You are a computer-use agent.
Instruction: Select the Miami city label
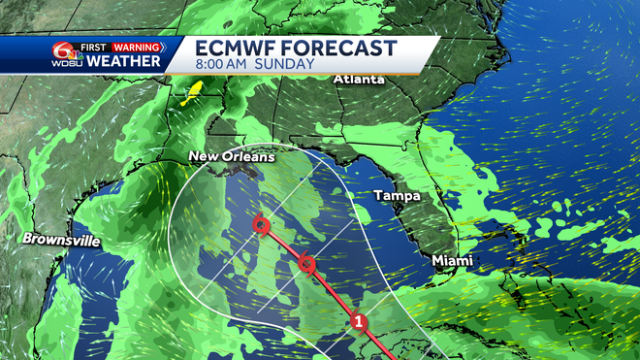click(452, 261)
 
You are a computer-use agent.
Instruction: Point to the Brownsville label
click(61, 239)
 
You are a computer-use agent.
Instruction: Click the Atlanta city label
click(359, 79)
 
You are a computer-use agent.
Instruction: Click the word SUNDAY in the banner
click(287, 65)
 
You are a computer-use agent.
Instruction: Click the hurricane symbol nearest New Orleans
click(260, 226)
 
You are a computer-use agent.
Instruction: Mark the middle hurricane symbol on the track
click(306, 264)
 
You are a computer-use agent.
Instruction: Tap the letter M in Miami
click(436, 261)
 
